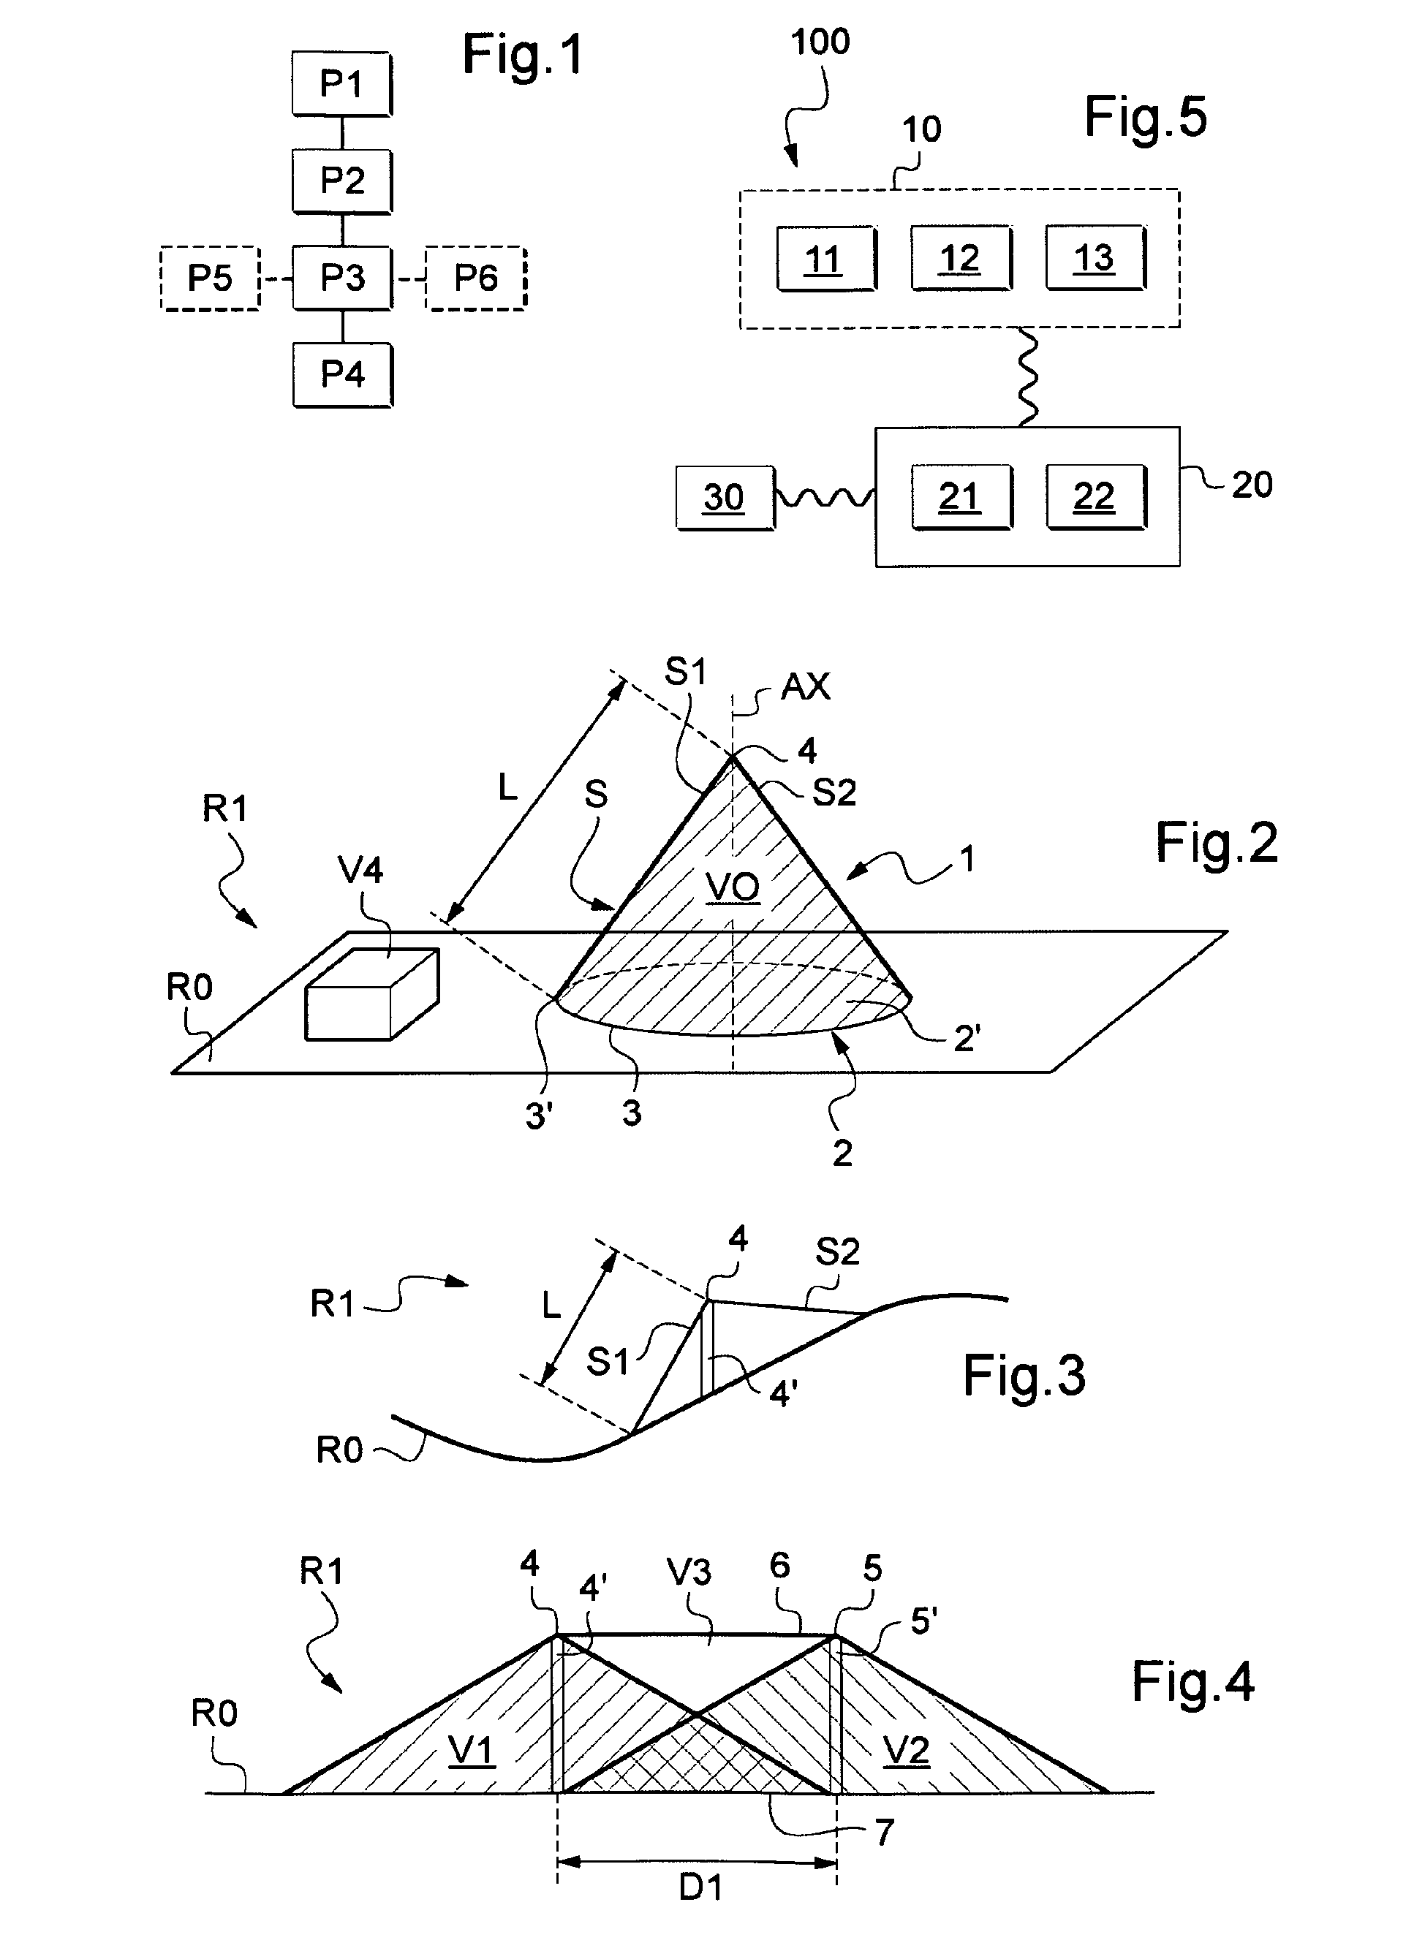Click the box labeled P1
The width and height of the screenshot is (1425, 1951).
341,83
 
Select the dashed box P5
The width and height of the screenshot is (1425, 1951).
210,278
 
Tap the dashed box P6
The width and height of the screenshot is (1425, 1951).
475,278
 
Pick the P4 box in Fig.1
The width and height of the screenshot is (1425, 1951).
342,374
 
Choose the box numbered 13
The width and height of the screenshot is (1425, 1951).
1095,258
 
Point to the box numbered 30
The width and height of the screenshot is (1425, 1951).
725,498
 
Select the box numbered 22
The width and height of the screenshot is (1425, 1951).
1095,497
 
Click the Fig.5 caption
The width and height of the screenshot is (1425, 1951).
1145,117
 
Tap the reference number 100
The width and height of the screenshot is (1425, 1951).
820,42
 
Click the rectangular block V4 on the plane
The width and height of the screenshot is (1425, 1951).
371,994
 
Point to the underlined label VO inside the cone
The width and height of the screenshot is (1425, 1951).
733,887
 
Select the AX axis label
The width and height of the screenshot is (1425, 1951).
805,686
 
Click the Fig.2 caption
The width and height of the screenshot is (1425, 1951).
1216,843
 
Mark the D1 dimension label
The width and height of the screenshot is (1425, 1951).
700,1888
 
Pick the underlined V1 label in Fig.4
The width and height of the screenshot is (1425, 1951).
471,1751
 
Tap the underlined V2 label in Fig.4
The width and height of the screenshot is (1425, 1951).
907,1751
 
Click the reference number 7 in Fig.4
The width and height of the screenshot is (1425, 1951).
884,1832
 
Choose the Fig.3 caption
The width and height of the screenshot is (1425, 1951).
1024,1375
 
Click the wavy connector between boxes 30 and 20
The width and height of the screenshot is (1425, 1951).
825,498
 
